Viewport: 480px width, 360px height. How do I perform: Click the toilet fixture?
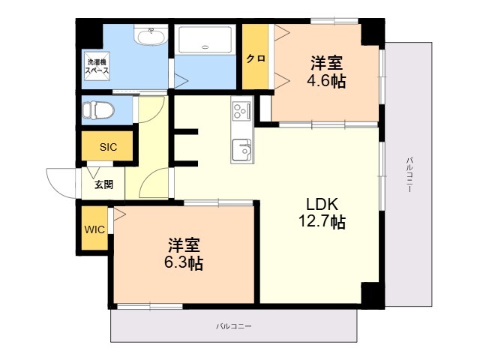(98, 110)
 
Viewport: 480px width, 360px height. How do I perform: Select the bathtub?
(205, 40)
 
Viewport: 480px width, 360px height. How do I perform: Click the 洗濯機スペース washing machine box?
(97, 66)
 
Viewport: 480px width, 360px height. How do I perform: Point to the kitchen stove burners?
(241, 111)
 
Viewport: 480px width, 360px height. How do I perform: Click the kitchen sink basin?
(241, 150)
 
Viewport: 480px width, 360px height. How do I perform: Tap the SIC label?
(108, 147)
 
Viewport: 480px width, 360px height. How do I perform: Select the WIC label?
(94, 229)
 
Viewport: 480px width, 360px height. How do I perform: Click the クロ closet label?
(256, 58)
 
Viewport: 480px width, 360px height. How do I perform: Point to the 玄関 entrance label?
(103, 184)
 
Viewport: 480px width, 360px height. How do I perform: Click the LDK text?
(322, 204)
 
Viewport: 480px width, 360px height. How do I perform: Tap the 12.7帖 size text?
(322, 221)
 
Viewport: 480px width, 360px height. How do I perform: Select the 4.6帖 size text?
(326, 81)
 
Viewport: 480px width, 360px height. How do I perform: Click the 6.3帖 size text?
(184, 262)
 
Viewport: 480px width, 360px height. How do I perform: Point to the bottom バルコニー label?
(233, 326)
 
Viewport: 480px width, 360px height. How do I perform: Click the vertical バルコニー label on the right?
(410, 175)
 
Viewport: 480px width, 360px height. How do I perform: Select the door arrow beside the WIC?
(119, 214)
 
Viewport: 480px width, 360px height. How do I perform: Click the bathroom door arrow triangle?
(181, 82)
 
